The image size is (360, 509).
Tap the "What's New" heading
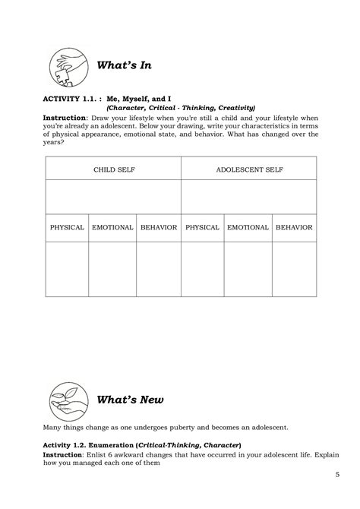point(130,399)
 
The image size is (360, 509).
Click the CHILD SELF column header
point(112,169)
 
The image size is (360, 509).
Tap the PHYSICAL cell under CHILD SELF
point(67,227)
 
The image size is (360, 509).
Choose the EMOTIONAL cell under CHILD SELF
point(112,227)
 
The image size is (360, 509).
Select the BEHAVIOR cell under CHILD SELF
point(158,227)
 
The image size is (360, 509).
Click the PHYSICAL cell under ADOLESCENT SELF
point(202,227)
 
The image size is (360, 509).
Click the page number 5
point(337,475)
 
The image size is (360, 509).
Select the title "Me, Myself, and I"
point(143,99)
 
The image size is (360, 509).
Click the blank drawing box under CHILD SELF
point(112,198)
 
